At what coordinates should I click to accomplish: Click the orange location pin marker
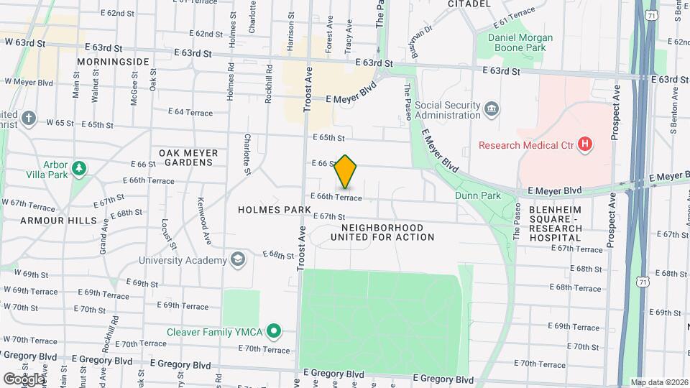tap(346, 172)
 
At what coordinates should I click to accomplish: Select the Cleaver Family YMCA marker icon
tap(273, 331)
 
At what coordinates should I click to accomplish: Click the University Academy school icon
tap(237, 259)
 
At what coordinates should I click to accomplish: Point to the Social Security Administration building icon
tap(492, 109)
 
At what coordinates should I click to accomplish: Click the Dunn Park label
tap(477, 195)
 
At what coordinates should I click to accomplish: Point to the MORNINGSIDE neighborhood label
tap(113, 62)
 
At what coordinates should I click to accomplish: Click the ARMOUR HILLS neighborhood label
tap(53, 220)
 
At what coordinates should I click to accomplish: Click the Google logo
tap(24, 379)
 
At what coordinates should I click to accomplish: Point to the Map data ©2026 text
tap(658, 382)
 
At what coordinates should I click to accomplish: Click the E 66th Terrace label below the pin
tap(336, 197)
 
